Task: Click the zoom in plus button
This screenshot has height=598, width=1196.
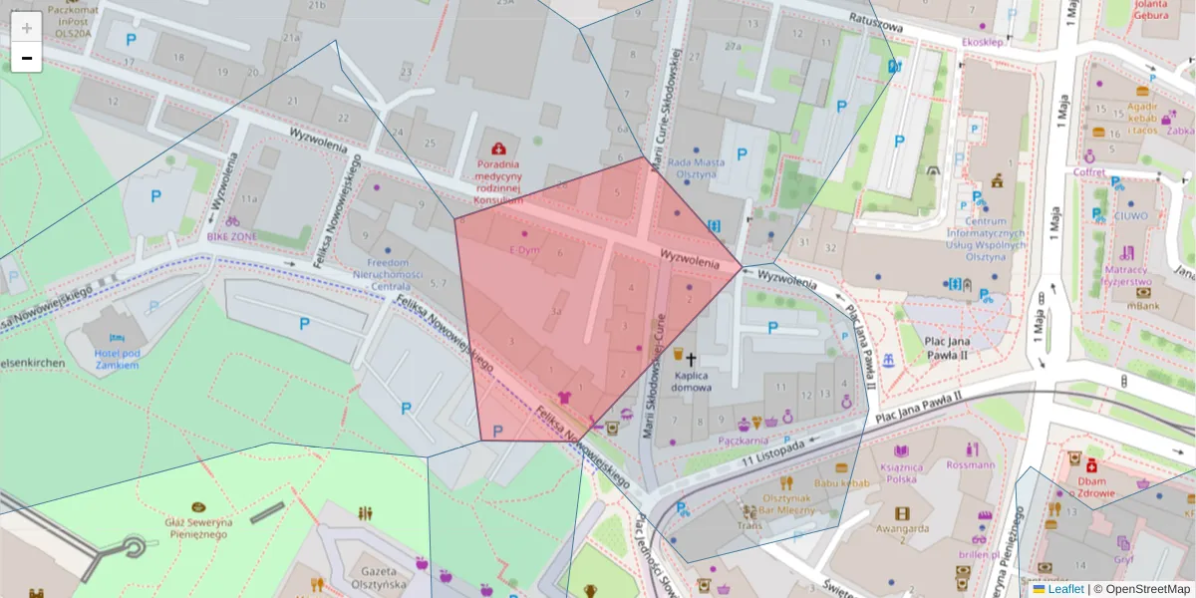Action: (x=27, y=28)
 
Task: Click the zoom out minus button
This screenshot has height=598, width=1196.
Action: (x=27, y=58)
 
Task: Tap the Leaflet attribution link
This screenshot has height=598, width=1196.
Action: (x=1065, y=589)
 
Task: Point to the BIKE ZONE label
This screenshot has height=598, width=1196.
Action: (x=231, y=236)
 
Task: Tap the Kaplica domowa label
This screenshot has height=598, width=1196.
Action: (x=691, y=382)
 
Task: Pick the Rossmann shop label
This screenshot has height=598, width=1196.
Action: (x=972, y=464)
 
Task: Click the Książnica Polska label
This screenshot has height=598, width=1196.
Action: (x=901, y=472)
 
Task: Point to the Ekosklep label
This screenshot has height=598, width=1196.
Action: (x=982, y=43)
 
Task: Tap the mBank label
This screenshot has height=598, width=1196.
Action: (x=1143, y=307)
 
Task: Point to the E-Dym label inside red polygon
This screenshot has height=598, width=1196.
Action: (x=524, y=249)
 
